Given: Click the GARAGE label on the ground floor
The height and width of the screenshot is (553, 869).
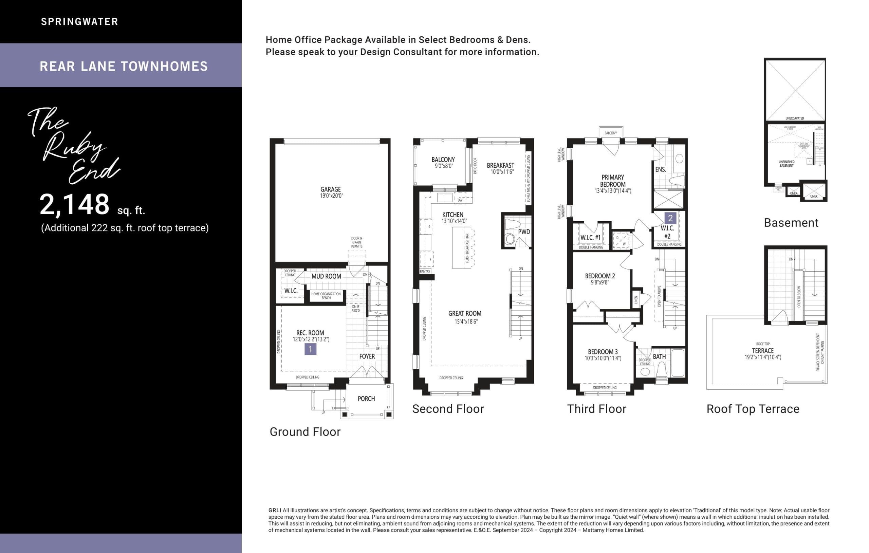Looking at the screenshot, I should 330,189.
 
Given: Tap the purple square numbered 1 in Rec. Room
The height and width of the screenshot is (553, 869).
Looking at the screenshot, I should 310,349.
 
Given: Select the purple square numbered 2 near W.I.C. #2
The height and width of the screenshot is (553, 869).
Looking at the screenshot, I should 670,218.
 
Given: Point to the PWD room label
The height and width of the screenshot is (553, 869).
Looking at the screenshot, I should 524,232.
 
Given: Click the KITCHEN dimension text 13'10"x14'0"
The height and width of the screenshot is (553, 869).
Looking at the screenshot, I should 454,221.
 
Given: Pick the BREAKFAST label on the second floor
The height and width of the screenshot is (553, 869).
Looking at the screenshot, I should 500,165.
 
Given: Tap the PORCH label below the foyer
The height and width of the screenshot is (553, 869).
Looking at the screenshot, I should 366,399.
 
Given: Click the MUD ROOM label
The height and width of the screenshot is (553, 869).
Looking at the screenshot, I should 326,276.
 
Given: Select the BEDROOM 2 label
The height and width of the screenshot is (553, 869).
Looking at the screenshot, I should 600,276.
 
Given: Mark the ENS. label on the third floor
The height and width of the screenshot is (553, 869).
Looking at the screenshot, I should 661,169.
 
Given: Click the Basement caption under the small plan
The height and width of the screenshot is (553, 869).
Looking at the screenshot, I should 791,223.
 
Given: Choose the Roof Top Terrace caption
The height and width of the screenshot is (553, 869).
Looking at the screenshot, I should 753,409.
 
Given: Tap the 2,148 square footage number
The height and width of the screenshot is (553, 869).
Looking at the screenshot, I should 74,204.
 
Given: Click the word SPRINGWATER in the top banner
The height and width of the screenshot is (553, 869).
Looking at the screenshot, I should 79,22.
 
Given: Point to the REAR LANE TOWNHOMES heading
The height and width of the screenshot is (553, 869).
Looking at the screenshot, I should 124,66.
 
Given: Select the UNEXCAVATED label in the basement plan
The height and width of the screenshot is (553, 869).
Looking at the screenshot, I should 794,118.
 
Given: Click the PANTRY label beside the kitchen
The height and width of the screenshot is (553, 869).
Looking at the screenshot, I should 425,272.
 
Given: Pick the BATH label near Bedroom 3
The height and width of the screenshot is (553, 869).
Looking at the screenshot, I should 659,356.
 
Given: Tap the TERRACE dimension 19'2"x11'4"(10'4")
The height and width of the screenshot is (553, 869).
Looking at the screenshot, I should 762,357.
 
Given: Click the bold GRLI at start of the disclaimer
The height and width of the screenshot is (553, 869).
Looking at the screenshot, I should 275,511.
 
